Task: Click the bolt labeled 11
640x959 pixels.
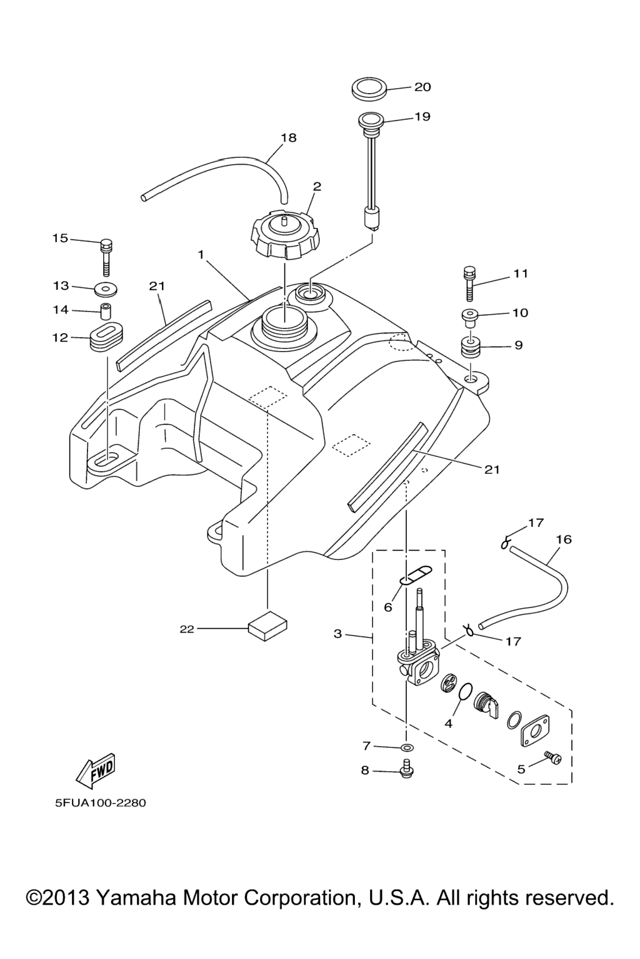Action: point(470,284)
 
